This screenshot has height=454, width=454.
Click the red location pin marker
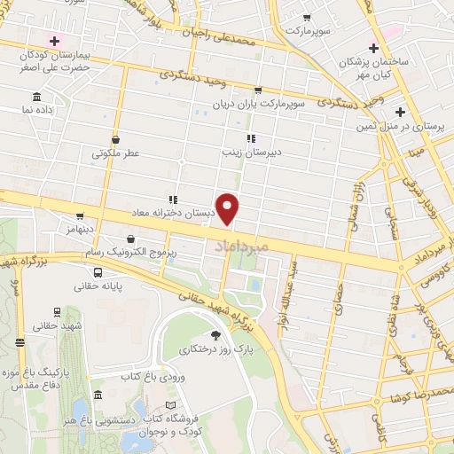tap(228, 208)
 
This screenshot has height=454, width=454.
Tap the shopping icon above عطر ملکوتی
tap(116, 139)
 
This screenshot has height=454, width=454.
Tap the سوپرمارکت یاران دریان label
tap(258, 103)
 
